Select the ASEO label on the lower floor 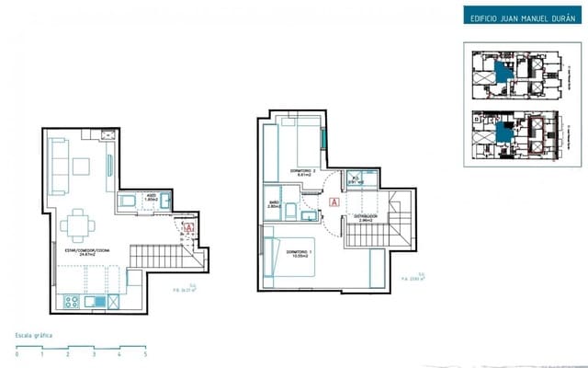pos(153,196)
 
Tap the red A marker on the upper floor pos(334,199)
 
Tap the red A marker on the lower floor pos(189,226)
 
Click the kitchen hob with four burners pos(71,301)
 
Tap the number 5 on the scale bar pos(144,354)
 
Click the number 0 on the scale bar pos(17,354)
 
